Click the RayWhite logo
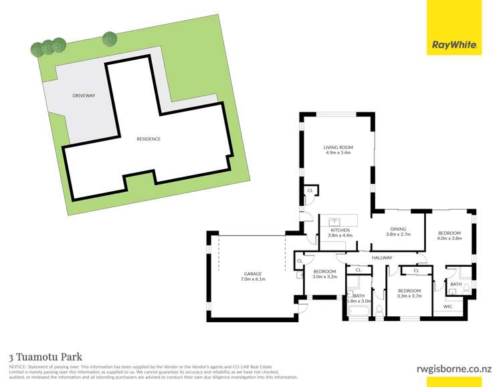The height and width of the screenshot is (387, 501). click(454, 45)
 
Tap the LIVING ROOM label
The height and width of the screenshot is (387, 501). click(338, 147)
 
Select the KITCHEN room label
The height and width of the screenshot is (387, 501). click(340, 230)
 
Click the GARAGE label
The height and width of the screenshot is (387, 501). click(252, 273)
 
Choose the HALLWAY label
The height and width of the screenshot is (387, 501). click(383, 258)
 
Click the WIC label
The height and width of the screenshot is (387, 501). click(447, 307)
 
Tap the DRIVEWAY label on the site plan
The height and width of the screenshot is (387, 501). click(84, 96)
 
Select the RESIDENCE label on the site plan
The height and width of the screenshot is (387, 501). click(148, 138)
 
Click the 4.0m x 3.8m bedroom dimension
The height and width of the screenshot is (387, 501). click(449, 238)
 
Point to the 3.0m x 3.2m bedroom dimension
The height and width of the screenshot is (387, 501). click(324, 277)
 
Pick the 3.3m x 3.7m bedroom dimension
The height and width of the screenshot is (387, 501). click(409, 296)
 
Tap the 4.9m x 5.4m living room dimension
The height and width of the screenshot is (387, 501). click(338, 153)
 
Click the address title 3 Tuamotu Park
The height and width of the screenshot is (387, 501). click(45, 358)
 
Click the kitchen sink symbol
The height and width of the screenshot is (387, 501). click(336, 221)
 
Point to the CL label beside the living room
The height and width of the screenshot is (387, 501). click(310, 190)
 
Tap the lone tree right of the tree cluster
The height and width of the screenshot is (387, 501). click(109, 39)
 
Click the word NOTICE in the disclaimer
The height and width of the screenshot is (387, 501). click(17, 367)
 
